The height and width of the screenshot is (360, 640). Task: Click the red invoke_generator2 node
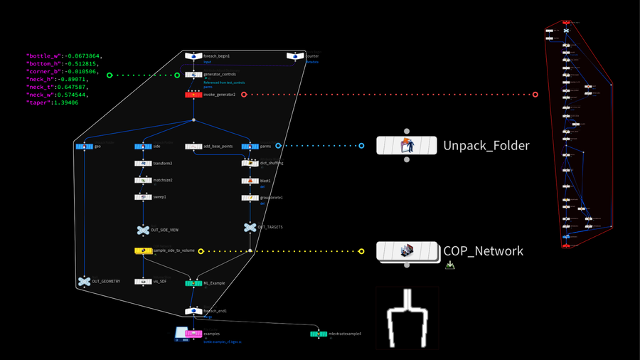click(193, 94)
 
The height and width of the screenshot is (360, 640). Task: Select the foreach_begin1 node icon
click(193, 55)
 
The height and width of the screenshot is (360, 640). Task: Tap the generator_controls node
click(193, 74)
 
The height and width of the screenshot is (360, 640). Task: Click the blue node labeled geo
click(84, 146)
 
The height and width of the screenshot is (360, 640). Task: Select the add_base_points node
click(193, 146)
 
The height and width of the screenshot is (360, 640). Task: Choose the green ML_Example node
click(193, 283)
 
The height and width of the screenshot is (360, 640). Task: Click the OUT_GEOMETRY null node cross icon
click(84, 282)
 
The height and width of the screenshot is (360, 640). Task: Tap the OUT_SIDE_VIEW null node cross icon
click(143, 230)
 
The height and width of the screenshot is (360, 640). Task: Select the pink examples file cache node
click(193, 333)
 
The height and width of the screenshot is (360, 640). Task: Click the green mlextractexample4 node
click(319, 333)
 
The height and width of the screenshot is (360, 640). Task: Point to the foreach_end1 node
click(193, 311)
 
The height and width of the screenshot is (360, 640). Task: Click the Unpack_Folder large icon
click(406, 146)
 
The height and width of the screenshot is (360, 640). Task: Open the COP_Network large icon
click(406, 250)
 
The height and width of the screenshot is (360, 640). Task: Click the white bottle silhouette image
click(407, 319)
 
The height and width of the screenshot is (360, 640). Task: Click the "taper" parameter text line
click(53, 102)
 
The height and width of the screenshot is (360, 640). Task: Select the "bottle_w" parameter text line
click(63, 55)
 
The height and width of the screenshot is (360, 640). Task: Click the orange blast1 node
click(250, 181)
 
